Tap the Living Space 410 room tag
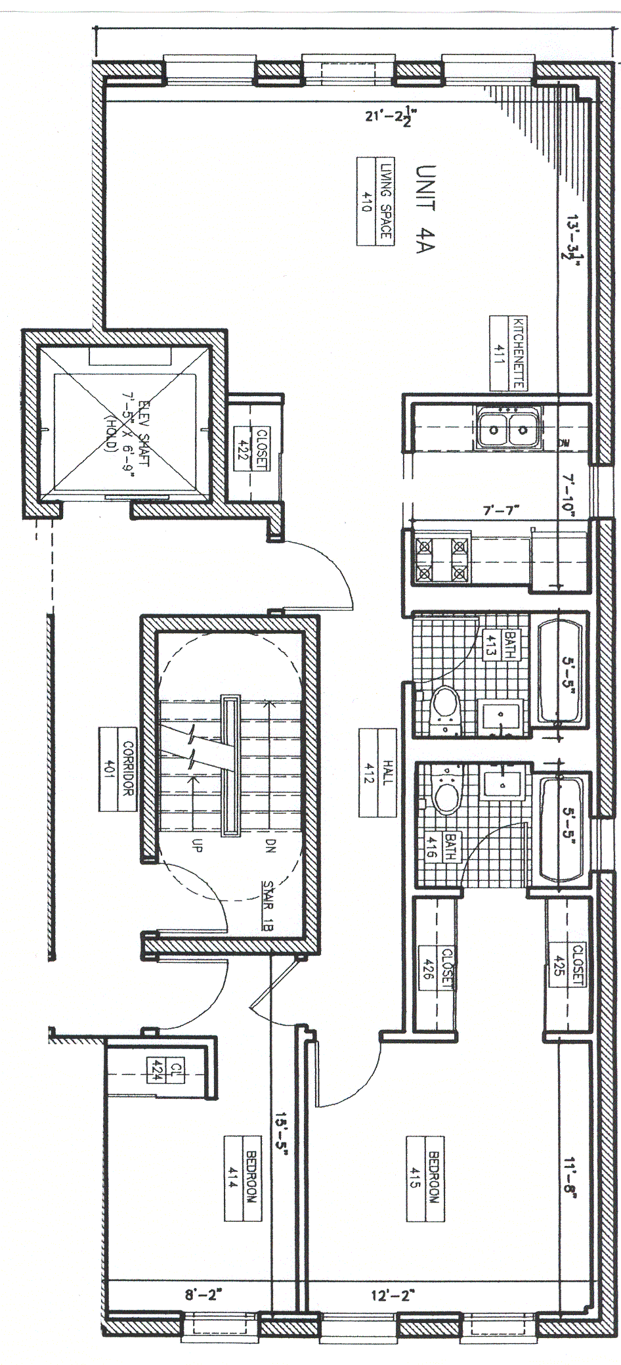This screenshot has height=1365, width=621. [375, 202]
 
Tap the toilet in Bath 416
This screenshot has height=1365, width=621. [446, 794]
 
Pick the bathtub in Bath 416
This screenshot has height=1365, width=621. [561, 827]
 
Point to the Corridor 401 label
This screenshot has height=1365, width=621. [118, 769]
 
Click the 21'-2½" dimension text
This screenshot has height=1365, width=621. [392, 117]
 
